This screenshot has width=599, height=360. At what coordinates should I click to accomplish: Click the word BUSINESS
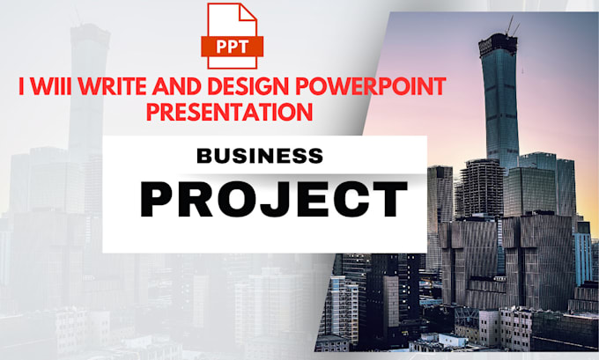259,157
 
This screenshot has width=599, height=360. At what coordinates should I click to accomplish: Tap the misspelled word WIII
51,86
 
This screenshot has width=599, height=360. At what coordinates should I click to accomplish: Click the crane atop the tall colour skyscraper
508,26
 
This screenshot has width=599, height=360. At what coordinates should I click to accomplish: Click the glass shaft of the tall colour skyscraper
501,97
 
